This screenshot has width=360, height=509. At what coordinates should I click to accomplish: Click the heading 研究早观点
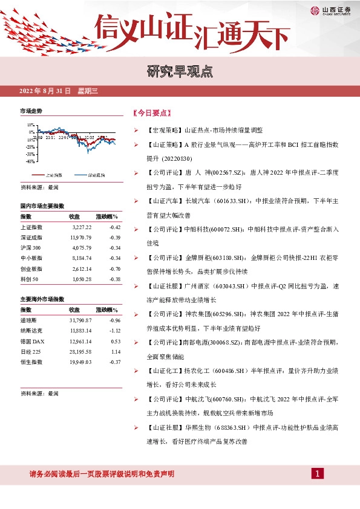click(180, 71)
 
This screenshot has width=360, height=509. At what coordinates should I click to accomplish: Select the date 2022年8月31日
click(45, 91)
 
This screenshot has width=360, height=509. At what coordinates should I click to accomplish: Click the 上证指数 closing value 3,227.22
click(80, 227)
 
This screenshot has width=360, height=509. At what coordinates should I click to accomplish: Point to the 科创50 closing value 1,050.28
click(80, 278)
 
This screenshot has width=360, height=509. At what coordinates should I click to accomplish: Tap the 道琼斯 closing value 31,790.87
click(80, 320)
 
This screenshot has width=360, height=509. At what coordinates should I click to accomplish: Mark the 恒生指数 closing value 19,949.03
click(80, 361)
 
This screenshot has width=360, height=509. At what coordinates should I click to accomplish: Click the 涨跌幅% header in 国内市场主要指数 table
click(106, 216)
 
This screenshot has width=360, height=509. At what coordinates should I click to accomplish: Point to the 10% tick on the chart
click(30, 132)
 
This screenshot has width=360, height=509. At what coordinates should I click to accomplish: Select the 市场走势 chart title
click(31, 111)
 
